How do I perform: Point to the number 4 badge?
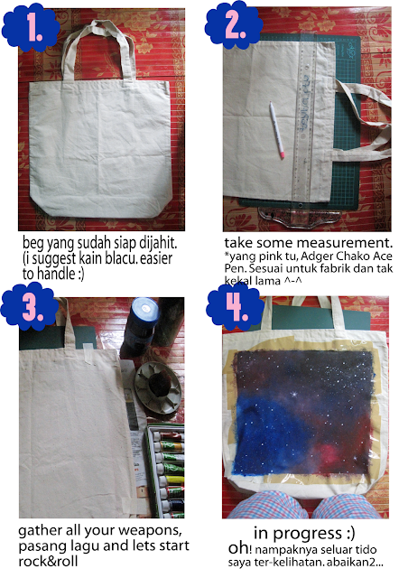tap(235, 307)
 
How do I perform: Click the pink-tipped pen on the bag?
tap(277, 130)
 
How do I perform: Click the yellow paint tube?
tap(172, 480)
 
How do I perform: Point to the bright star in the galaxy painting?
tap(294, 395)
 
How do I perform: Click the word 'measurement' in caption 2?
tap(344, 243)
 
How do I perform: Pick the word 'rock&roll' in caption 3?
tap(48, 561)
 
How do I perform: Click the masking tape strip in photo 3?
tap(88, 354)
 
